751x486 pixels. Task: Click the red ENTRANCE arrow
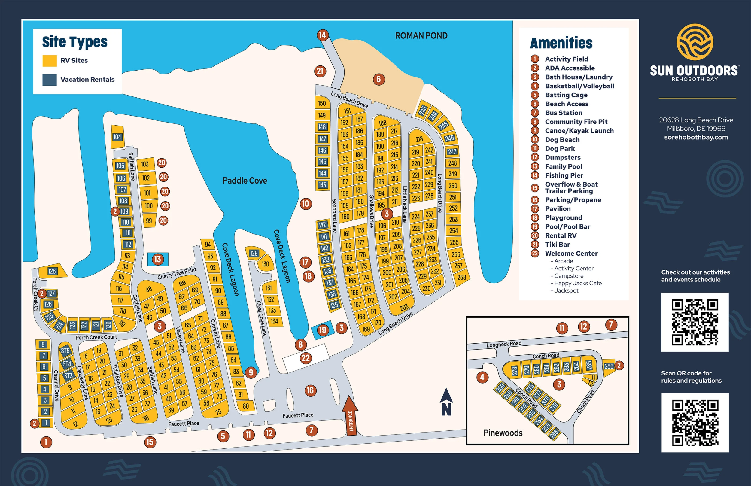[x=350, y=416]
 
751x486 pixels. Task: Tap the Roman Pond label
[x=421, y=36]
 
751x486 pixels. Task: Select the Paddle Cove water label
[x=245, y=181]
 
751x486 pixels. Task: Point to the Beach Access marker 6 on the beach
[x=379, y=79]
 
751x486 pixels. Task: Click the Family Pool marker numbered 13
[x=157, y=260]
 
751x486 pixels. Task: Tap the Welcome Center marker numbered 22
[x=306, y=358]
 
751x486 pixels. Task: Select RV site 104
[x=117, y=137]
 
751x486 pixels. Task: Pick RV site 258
[x=462, y=278]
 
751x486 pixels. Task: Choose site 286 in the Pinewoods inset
[x=609, y=366]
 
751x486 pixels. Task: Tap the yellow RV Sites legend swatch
[x=50, y=61]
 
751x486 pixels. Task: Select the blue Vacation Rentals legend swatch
[x=50, y=80]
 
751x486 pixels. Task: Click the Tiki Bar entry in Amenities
[x=557, y=245]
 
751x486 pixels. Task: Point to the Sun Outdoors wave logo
[x=695, y=42]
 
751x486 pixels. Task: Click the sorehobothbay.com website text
[x=696, y=137]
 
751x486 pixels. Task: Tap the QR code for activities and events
[x=695, y=322]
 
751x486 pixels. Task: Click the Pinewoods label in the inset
[x=503, y=433]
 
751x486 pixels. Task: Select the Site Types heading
[x=75, y=42]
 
